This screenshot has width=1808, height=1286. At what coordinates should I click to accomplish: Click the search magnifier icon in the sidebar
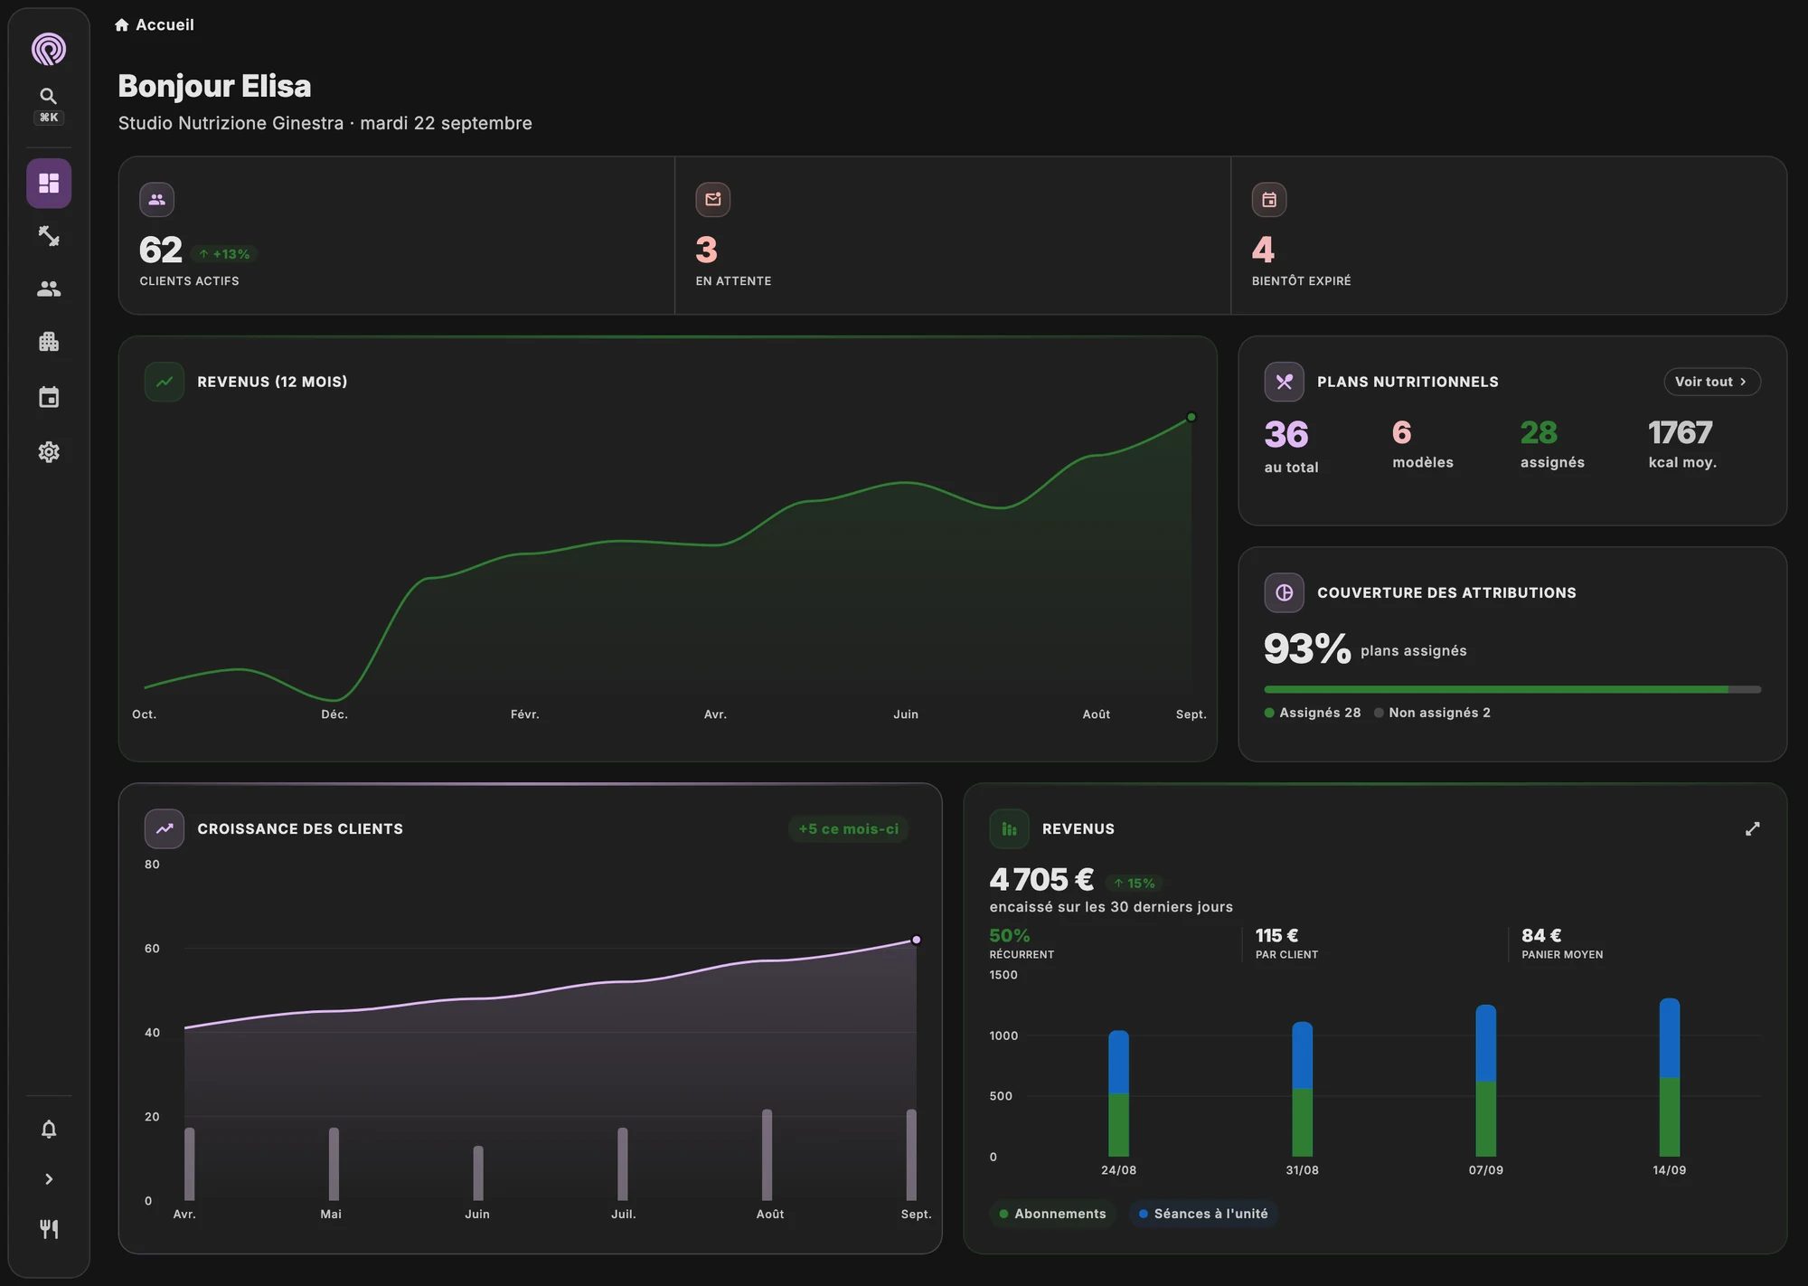pos(49,96)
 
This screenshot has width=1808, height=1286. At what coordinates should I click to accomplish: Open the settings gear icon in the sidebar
pos(49,452)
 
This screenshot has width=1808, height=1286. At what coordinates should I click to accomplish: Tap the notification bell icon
pos(49,1129)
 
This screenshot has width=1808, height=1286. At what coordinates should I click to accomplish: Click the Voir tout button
pos(1711,382)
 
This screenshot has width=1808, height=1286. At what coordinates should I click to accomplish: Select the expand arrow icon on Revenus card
pos(1752,828)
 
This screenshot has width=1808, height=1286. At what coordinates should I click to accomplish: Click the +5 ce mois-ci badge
pos(848,828)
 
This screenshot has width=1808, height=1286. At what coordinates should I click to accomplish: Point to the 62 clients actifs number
pos(161,250)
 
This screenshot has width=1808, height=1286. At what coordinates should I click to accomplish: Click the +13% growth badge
pos(225,254)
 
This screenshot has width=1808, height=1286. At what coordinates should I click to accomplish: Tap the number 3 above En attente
pos(706,250)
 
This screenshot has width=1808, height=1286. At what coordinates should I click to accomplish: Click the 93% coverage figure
pos(1307,648)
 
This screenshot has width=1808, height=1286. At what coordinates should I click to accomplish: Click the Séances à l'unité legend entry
pos(1203,1214)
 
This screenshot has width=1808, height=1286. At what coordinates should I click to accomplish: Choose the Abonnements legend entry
pos(1053,1214)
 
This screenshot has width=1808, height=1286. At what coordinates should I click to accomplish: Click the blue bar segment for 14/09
pos(1670,1038)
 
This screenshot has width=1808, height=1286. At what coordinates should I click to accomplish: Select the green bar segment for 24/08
pos(1118,1125)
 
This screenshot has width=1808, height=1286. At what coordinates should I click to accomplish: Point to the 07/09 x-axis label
pos(1486,1170)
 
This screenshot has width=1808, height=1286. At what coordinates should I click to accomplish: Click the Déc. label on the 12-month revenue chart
pos(334,714)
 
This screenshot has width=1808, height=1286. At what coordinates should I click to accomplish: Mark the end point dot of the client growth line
pos(916,940)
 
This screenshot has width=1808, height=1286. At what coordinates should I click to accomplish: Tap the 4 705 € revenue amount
pos(1041,879)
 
